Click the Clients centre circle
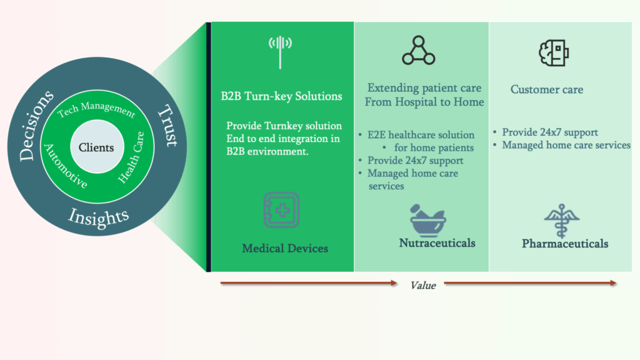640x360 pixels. pos(97,147)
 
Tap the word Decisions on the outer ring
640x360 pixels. pos(35,125)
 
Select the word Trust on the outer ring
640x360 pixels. pos(168,125)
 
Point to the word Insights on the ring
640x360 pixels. pos(98,216)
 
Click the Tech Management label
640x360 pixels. pos(96,109)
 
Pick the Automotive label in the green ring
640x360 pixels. pos(65,166)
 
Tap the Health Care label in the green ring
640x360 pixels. pos(131,157)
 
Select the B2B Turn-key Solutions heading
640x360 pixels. pos(282,96)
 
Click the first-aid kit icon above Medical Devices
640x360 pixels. pos(281,210)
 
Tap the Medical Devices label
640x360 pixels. pos(285,248)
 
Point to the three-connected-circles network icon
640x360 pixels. pos(418,51)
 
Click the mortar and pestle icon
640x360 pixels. pos(427,221)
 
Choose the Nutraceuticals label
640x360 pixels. pos(437,243)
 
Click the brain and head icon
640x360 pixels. pos(554,52)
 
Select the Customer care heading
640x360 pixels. pos(547,89)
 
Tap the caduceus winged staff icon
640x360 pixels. pos(562,221)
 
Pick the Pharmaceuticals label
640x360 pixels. pos(565,244)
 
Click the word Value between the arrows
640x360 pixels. pos(423,285)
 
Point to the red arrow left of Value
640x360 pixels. pos(309,283)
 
